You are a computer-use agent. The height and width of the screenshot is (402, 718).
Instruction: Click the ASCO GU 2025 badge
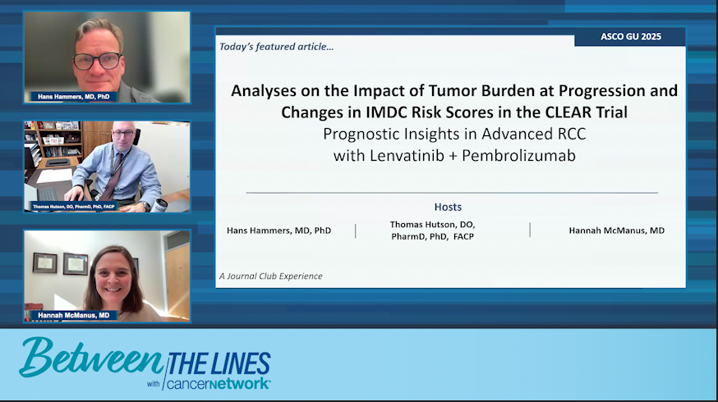coord(630,37)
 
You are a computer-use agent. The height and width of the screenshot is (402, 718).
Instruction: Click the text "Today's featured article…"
coord(277,47)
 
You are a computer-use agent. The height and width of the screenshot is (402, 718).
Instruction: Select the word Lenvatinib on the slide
coord(407,156)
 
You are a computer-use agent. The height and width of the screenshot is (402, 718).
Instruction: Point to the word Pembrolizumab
coord(518,156)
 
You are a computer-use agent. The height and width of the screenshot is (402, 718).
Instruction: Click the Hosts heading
coord(448,208)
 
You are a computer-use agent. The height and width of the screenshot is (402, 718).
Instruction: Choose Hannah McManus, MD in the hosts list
coord(616,231)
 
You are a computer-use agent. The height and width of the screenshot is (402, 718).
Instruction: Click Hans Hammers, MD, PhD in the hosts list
coord(278,231)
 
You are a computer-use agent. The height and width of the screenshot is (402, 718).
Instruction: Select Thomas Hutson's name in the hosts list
coord(433,231)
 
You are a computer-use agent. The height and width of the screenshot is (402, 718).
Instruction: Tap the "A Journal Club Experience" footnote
coord(270,276)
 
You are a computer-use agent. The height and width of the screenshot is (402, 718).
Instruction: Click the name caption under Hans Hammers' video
coord(73,97)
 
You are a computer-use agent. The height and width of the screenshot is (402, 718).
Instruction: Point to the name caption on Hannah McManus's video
coord(73,315)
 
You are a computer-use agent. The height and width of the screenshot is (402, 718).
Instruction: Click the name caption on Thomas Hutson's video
coord(73,207)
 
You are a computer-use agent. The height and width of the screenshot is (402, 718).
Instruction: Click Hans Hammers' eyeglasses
coord(98,61)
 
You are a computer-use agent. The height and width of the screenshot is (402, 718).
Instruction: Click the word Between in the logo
coord(90,357)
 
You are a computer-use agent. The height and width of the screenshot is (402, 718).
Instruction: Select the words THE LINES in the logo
coord(219,364)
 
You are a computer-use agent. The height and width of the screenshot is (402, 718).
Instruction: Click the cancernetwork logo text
coord(218,383)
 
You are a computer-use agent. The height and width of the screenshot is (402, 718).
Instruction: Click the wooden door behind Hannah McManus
coord(177,279)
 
